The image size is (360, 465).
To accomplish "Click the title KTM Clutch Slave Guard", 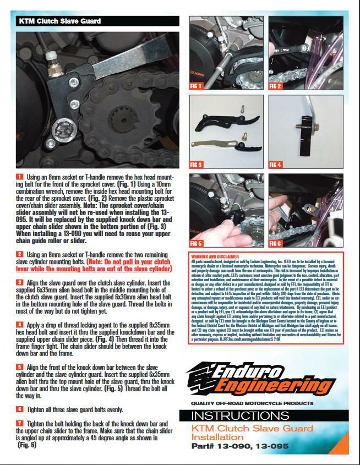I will click(x=59, y=21).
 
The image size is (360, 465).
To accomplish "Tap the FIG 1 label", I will click(x=197, y=86).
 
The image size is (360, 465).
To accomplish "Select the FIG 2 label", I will click(x=275, y=86).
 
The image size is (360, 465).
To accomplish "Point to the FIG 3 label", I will click(x=197, y=165).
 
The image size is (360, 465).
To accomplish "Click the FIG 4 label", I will click(x=275, y=165).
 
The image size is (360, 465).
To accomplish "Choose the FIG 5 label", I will click(x=197, y=243).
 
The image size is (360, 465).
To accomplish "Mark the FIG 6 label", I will click(x=275, y=243).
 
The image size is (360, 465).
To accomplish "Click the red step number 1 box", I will click(x=19, y=176).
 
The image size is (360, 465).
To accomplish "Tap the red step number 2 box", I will click(x=19, y=254).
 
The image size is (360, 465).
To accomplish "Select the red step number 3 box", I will click(x=19, y=281).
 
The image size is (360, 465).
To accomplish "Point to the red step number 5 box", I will click(x=19, y=366).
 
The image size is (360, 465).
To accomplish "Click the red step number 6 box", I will click(x=19, y=409).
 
